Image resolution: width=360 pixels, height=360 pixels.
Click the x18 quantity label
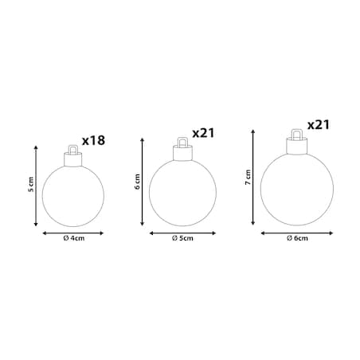click(x=93, y=141)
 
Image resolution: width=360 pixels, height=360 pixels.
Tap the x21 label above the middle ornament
click(x=203, y=133)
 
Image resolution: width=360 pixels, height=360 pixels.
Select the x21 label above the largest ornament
click(x=319, y=125)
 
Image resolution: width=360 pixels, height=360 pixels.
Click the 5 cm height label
click(x=31, y=184)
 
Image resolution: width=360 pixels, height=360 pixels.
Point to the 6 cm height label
click(x=137, y=182)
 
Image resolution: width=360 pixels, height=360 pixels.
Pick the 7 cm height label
click(x=248, y=178)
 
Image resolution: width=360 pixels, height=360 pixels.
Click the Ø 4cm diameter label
click(x=74, y=238)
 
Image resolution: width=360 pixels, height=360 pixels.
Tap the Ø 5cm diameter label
click(x=182, y=238)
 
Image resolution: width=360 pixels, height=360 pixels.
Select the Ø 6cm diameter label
click(x=297, y=238)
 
